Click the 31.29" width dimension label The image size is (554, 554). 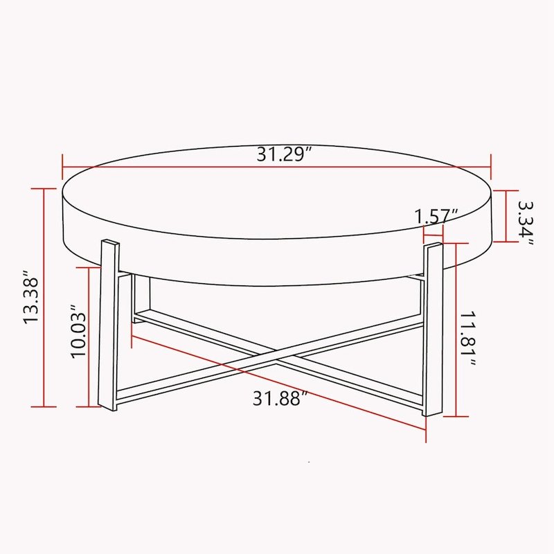click(281, 154)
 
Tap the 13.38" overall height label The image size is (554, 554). click(33, 297)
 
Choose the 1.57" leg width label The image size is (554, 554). click(437, 215)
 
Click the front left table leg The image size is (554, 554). click(109, 325)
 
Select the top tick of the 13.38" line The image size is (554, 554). click(44, 189)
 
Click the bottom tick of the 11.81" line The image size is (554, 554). click(453, 417)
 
